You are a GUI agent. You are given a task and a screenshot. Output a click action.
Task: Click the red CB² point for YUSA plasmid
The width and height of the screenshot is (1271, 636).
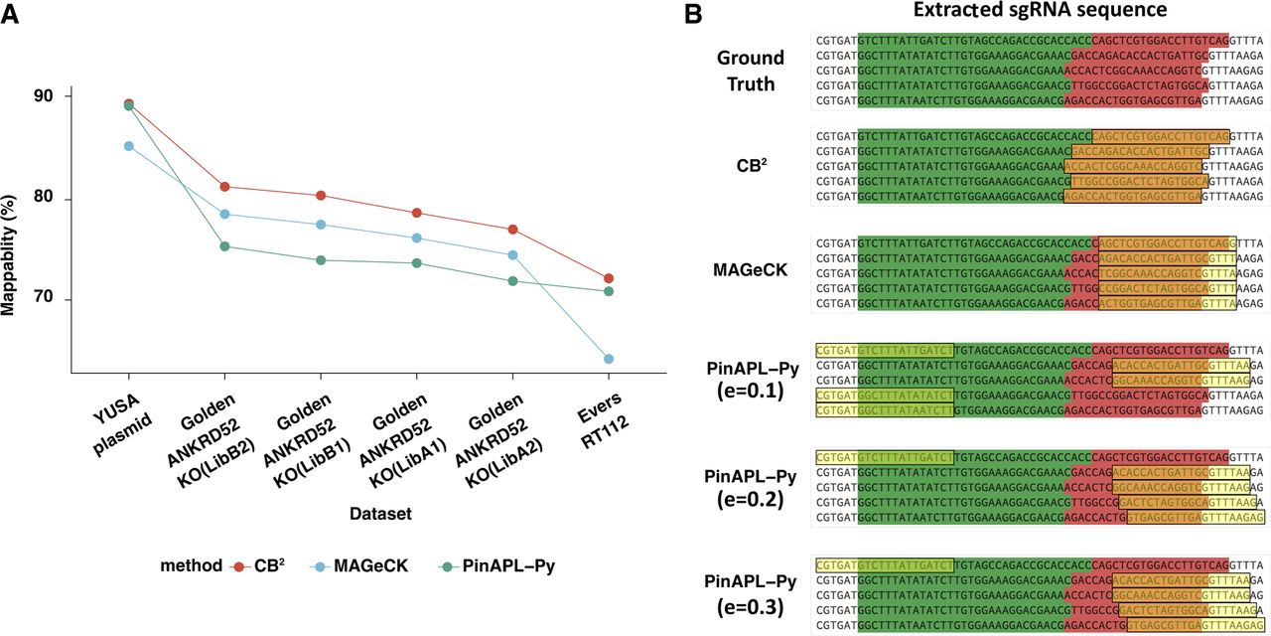pos(128,103)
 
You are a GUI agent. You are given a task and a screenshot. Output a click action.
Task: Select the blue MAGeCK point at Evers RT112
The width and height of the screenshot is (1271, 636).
pos(608,359)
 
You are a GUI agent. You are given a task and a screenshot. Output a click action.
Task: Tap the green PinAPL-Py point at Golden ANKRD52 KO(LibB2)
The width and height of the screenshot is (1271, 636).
pos(224,246)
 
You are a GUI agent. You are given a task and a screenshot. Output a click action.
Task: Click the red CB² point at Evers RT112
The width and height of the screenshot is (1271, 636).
pos(608,278)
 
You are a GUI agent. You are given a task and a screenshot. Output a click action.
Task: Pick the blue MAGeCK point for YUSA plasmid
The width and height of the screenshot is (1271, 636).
pos(128,146)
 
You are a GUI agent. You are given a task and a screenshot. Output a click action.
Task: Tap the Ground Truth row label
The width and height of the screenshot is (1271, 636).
pos(750,71)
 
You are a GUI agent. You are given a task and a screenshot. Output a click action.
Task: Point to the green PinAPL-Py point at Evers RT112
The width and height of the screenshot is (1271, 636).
pos(608,291)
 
